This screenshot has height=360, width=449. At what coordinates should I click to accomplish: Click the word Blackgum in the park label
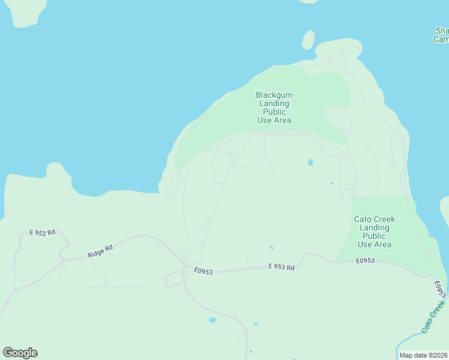(x=274, y=95)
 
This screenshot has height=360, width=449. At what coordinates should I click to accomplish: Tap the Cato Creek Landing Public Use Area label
(x=374, y=232)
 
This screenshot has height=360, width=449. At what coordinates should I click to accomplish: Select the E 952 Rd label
(x=43, y=232)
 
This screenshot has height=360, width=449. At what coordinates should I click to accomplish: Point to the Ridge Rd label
(x=100, y=251)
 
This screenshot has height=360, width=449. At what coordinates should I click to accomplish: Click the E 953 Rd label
(x=281, y=268)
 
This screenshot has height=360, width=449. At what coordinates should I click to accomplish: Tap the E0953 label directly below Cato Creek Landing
(x=365, y=260)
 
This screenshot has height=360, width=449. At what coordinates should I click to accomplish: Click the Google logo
(x=20, y=353)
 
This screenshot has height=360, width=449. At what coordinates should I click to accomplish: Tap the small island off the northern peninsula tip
(x=308, y=40)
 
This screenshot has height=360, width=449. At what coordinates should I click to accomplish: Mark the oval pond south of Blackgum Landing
(x=310, y=162)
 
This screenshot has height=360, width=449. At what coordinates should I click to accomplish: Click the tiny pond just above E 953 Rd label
(x=271, y=247)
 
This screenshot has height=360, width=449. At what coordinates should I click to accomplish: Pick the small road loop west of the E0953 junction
(x=174, y=278)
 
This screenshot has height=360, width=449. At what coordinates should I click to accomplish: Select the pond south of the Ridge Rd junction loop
(x=212, y=320)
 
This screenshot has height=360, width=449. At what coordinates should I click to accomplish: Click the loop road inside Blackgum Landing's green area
(x=338, y=119)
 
